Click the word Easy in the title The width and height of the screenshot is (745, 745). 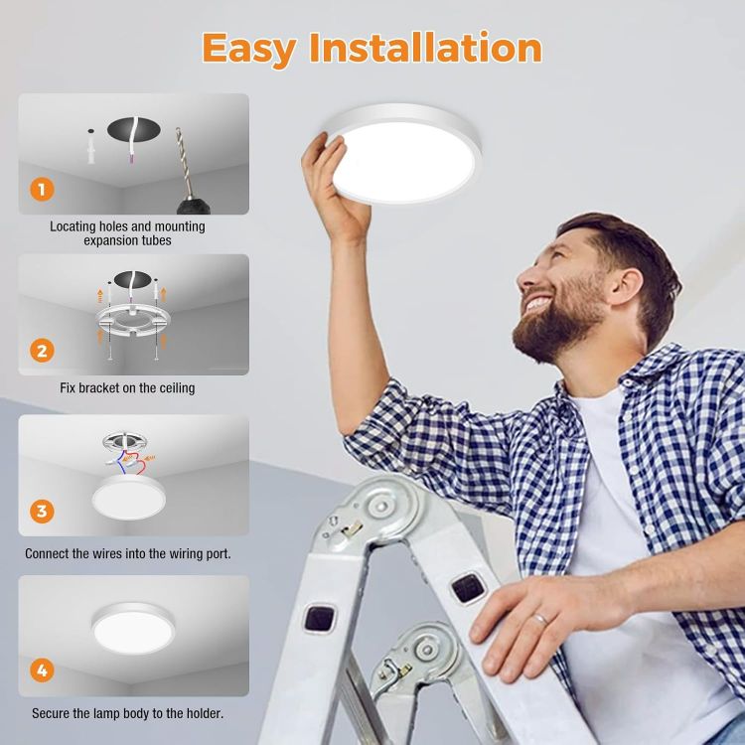click(252, 47)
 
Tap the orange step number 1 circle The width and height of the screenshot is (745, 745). click(42, 188)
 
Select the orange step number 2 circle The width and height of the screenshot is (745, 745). click(42, 350)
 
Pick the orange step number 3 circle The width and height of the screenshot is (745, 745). click(42, 512)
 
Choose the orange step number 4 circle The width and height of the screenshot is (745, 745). click(42, 670)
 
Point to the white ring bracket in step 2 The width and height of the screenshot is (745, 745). click(134, 319)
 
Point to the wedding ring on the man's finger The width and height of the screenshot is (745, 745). click(539, 620)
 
